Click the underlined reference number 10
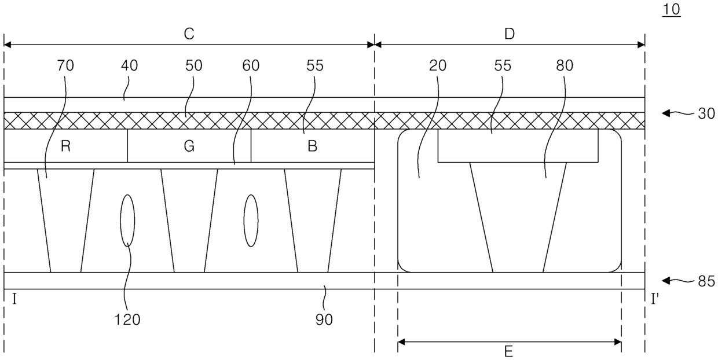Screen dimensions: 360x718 (x=672, y=10)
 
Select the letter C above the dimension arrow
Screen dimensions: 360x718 (x=189, y=34)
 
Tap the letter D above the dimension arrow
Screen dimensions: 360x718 (x=509, y=34)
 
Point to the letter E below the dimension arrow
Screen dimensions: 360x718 (x=509, y=352)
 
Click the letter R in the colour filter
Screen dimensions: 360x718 (x=65, y=146)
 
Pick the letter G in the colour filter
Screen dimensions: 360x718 (x=189, y=146)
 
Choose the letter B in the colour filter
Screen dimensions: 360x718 (x=312, y=146)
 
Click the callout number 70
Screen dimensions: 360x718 (x=65, y=66)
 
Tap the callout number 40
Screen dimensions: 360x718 (x=129, y=66)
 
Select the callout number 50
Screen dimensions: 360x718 (x=194, y=66)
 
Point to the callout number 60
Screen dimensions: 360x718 (x=251, y=66)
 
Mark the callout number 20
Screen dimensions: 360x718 (x=438, y=66)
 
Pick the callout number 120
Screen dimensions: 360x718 (x=127, y=319)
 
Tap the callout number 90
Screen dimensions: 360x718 (x=324, y=319)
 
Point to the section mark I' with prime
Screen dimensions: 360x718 (x=655, y=299)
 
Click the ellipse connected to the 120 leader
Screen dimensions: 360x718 (x=127, y=221)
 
